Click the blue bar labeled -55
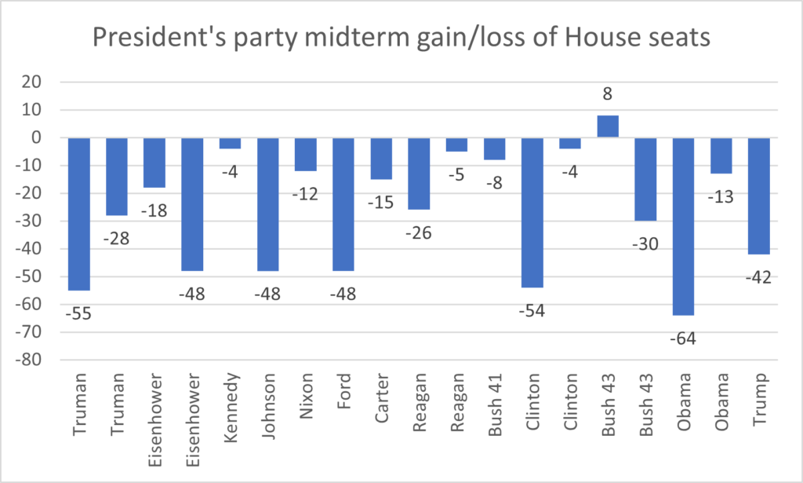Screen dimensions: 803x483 pos(79,214)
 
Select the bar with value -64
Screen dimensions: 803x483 pos(683,227)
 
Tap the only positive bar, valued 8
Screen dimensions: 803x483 pos(608,126)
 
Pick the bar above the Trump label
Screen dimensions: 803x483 pos(759,196)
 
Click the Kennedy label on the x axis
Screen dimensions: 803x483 pos(231,408)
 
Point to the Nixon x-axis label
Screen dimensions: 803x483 pos(306,397)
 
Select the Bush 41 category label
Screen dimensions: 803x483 pos(495,405)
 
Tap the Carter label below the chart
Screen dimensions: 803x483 pos(382,398)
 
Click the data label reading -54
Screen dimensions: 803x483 pos(532,311)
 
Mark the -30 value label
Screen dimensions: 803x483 pos(645,244)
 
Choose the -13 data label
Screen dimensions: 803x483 pos(721,197)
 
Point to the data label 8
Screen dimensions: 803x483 pos(608,93)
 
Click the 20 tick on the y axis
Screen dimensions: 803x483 pos(31,82)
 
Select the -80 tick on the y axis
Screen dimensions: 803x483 pos(28,360)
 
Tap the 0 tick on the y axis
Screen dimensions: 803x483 pos(36,137)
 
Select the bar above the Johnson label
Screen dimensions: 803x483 pos(268,204)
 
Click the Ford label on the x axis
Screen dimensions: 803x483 pos(343,391)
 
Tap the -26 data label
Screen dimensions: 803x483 pos(419,233)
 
